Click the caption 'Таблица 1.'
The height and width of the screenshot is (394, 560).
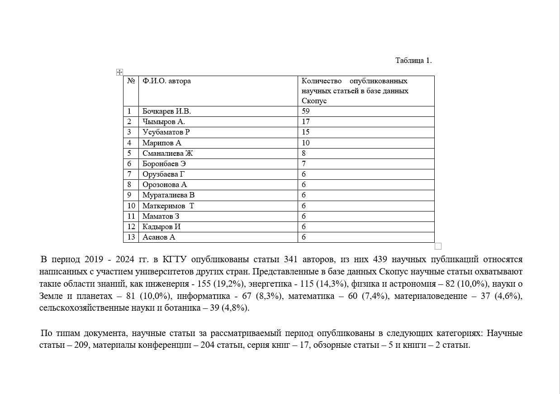413,60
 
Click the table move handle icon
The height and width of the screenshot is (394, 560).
119,72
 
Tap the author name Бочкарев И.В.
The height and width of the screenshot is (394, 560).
164,111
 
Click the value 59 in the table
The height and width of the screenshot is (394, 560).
306,111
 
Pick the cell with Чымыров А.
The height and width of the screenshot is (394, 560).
164,122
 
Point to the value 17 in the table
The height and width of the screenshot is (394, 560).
306,122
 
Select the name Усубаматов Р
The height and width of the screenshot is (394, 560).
166,132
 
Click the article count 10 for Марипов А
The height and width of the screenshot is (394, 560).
306,143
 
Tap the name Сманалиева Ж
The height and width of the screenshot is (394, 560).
168,154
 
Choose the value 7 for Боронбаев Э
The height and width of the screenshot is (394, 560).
304,164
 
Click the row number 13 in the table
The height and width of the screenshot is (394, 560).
131,237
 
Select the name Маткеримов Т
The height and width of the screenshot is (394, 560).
168,206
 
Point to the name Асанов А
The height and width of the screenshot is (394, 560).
159,237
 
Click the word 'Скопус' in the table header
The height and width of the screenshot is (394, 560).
314,101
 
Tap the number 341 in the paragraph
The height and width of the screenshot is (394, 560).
290,259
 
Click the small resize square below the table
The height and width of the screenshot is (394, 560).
438,246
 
